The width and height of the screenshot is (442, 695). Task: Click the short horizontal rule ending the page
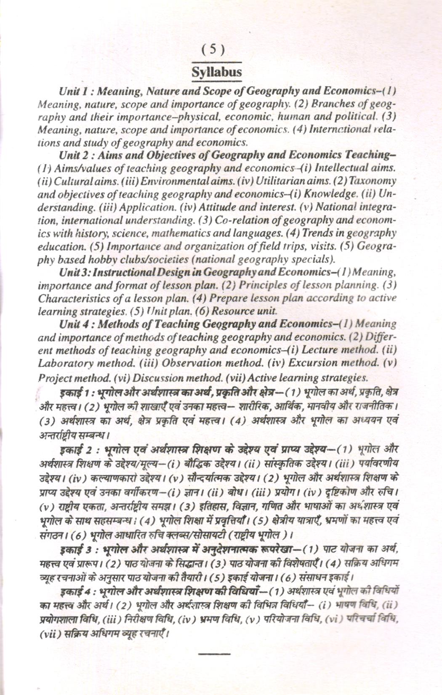coord(214,653)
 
